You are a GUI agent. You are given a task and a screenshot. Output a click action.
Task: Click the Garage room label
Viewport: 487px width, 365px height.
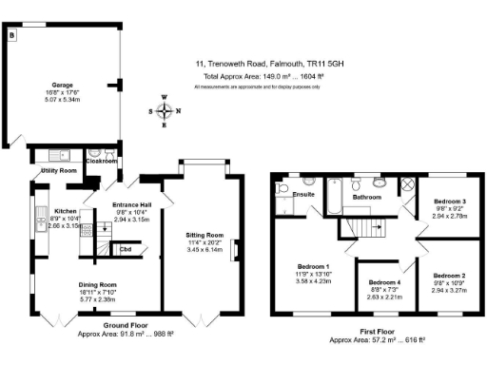click(63, 84)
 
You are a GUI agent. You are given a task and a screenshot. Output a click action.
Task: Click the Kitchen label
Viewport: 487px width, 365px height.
click(65, 211)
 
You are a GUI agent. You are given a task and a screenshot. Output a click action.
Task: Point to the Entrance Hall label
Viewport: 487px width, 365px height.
click(140, 206)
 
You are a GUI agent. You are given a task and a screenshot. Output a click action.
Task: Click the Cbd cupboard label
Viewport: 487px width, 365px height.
click(125, 249)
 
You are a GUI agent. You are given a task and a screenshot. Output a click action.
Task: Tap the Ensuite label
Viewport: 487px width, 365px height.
click(303, 194)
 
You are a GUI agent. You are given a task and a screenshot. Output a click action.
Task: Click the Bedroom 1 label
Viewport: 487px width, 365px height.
click(312, 266)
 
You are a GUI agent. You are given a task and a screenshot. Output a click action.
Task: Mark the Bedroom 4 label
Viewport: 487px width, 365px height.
click(384, 283)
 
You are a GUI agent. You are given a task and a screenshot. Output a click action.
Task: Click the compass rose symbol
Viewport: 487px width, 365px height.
click(166, 110)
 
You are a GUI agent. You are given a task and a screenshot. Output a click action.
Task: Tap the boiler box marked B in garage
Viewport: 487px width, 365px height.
click(12, 35)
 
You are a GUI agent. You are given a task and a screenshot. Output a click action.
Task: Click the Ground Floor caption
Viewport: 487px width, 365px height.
click(127, 325)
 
